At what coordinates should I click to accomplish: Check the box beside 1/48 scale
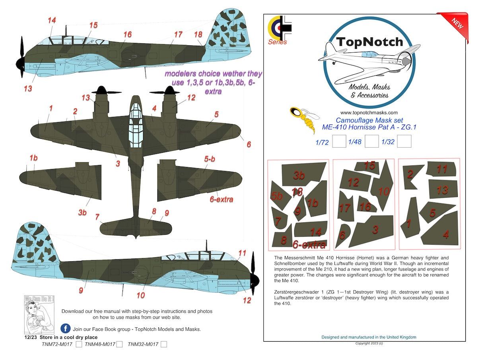pyautogui.click(x=371, y=142)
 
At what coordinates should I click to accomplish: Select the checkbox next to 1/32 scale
pyautogui.click(x=404, y=142)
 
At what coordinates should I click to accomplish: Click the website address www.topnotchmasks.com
pyautogui.click(x=369, y=113)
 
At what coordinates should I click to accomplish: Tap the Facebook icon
pyautogui.click(x=66, y=329)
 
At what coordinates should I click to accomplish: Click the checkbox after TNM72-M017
pyautogui.click(x=79, y=344)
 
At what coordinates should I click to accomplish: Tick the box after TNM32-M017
pyautogui.click(x=164, y=344)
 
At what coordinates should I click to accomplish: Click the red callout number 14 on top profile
pyautogui.click(x=51, y=20)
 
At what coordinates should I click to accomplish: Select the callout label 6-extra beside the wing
pyautogui.click(x=221, y=199)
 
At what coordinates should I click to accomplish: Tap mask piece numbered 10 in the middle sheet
pyautogui.click(x=383, y=189)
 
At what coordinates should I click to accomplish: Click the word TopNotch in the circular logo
pyautogui.click(x=369, y=42)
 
